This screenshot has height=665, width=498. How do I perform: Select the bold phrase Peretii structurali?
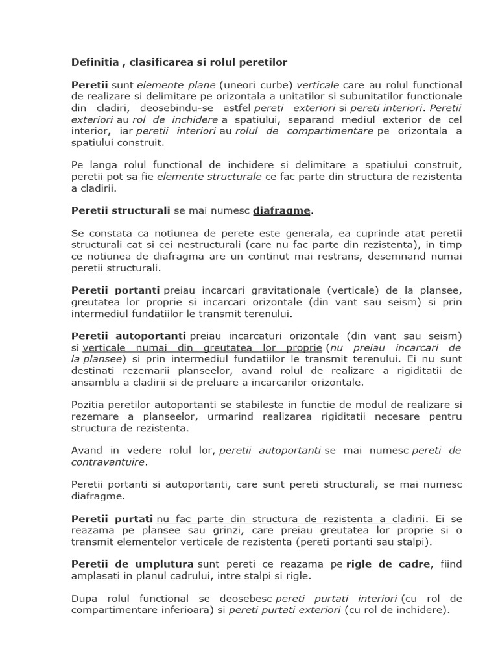tap(121, 210)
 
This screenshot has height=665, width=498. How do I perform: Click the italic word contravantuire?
tap(108, 462)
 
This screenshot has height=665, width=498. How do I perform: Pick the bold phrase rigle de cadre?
tap(388, 564)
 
